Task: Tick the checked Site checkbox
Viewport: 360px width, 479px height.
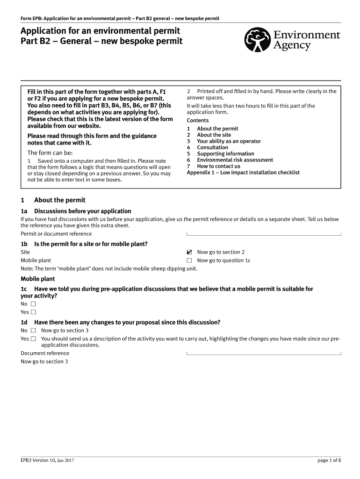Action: [189, 252]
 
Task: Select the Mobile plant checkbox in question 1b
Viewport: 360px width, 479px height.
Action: [189, 261]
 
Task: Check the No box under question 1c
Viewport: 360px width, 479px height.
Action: [33, 304]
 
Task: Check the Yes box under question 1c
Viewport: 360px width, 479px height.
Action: [33, 312]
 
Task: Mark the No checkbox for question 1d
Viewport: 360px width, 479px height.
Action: [33, 331]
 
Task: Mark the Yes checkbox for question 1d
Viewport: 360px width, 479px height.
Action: [33, 339]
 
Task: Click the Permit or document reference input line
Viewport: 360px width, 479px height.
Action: [264, 234]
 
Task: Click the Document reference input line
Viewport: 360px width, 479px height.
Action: [264, 353]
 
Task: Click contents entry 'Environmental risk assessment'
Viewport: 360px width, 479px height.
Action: [235, 160]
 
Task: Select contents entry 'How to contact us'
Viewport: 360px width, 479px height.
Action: [218, 166]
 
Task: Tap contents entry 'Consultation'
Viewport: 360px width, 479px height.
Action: [212, 147]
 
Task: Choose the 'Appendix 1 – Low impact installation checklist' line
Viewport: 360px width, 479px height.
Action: [243, 173]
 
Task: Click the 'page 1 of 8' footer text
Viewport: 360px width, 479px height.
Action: [329, 460]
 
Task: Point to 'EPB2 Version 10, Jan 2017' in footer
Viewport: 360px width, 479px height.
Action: [48, 460]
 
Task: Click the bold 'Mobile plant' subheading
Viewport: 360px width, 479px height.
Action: [37, 279]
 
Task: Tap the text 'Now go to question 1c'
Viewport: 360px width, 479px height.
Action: [223, 261]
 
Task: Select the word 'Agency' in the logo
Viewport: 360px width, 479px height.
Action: [292, 45]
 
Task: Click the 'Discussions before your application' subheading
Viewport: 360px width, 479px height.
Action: [82, 211]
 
